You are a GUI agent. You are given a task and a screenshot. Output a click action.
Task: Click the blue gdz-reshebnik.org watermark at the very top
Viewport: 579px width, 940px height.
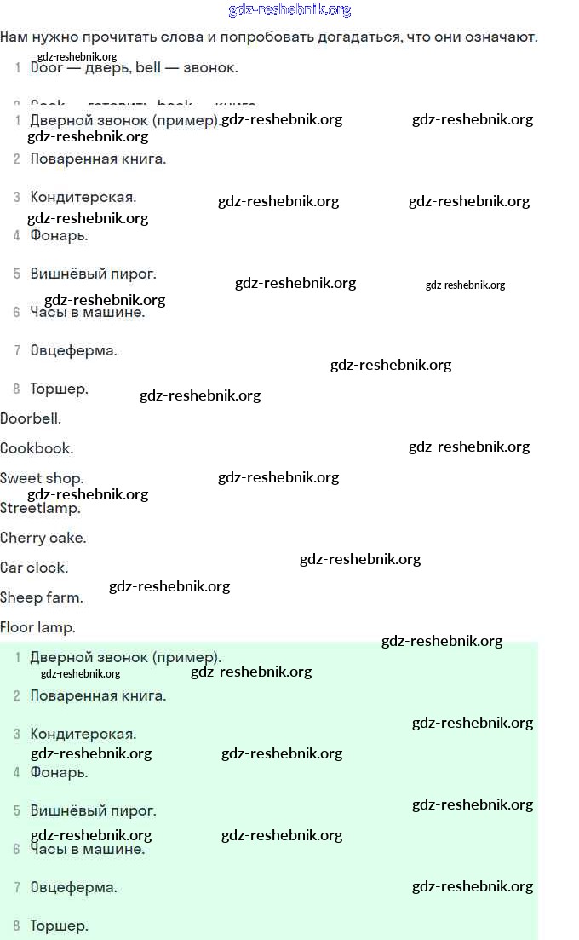pyautogui.click(x=289, y=10)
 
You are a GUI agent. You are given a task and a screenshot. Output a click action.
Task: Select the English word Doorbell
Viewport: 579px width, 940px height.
pyautogui.click(x=31, y=418)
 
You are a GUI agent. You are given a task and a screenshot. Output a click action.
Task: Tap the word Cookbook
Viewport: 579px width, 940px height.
pyautogui.click(x=37, y=448)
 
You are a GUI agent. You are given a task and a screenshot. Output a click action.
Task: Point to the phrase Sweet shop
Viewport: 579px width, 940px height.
pyautogui.click(x=42, y=478)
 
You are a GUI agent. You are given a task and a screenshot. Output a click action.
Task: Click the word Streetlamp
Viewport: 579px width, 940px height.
pyautogui.click(x=40, y=509)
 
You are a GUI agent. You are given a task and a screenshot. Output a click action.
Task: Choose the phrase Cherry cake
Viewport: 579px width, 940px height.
pyautogui.click(x=43, y=538)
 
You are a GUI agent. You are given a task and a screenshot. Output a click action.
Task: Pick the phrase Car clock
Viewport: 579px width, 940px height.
pyautogui.click(x=34, y=568)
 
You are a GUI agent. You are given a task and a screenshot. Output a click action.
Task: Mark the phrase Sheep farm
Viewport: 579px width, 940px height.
pyautogui.click(x=42, y=597)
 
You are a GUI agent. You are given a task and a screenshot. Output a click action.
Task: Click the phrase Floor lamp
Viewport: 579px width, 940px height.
pyautogui.click(x=37, y=627)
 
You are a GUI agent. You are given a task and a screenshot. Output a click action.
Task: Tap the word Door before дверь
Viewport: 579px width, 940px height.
pyautogui.click(x=46, y=67)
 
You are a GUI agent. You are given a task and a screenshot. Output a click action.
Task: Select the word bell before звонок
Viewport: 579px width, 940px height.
pyautogui.click(x=148, y=67)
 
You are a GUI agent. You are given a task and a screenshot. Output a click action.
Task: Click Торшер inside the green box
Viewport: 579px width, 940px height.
pyautogui.click(x=59, y=926)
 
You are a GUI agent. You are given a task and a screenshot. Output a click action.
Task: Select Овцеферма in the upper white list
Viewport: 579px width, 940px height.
pyautogui.click(x=73, y=350)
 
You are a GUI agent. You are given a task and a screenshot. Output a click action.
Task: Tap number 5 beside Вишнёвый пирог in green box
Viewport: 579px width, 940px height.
pyautogui.click(x=16, y=810)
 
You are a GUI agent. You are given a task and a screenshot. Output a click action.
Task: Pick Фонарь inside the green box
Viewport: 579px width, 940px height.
pyautogui.click(x=59, y=772)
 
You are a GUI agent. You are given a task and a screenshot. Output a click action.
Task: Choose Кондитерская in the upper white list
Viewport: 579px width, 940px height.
pyautogui.click(x=83, y=197)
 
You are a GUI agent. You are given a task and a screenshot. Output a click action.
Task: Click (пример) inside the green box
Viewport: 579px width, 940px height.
pyautogui.click(x=186, y=657)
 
